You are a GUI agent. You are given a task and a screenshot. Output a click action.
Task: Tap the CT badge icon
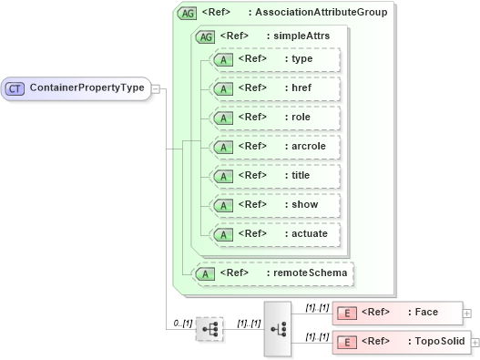pos(15,88)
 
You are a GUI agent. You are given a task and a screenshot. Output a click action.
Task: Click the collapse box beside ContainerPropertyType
pos(155,88)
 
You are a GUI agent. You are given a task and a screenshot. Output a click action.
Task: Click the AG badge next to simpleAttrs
pos(205,36)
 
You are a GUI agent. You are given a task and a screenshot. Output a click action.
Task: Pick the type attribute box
pos(274,59)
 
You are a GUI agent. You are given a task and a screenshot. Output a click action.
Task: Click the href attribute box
pos(274,88)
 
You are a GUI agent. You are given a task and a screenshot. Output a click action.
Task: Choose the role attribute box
pos(274,118)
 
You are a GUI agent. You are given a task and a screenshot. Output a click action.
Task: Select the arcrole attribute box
pos(274,146)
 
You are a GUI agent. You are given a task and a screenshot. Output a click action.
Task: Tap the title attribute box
pos(274,175)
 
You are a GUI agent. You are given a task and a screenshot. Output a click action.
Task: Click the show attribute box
pos(274,204)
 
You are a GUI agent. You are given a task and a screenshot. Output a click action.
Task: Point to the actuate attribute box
pos(274,233)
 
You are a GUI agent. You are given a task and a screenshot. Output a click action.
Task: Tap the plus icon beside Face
pos(467,313)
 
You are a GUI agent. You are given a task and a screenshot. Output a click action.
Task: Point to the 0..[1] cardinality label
pos(182,324)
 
